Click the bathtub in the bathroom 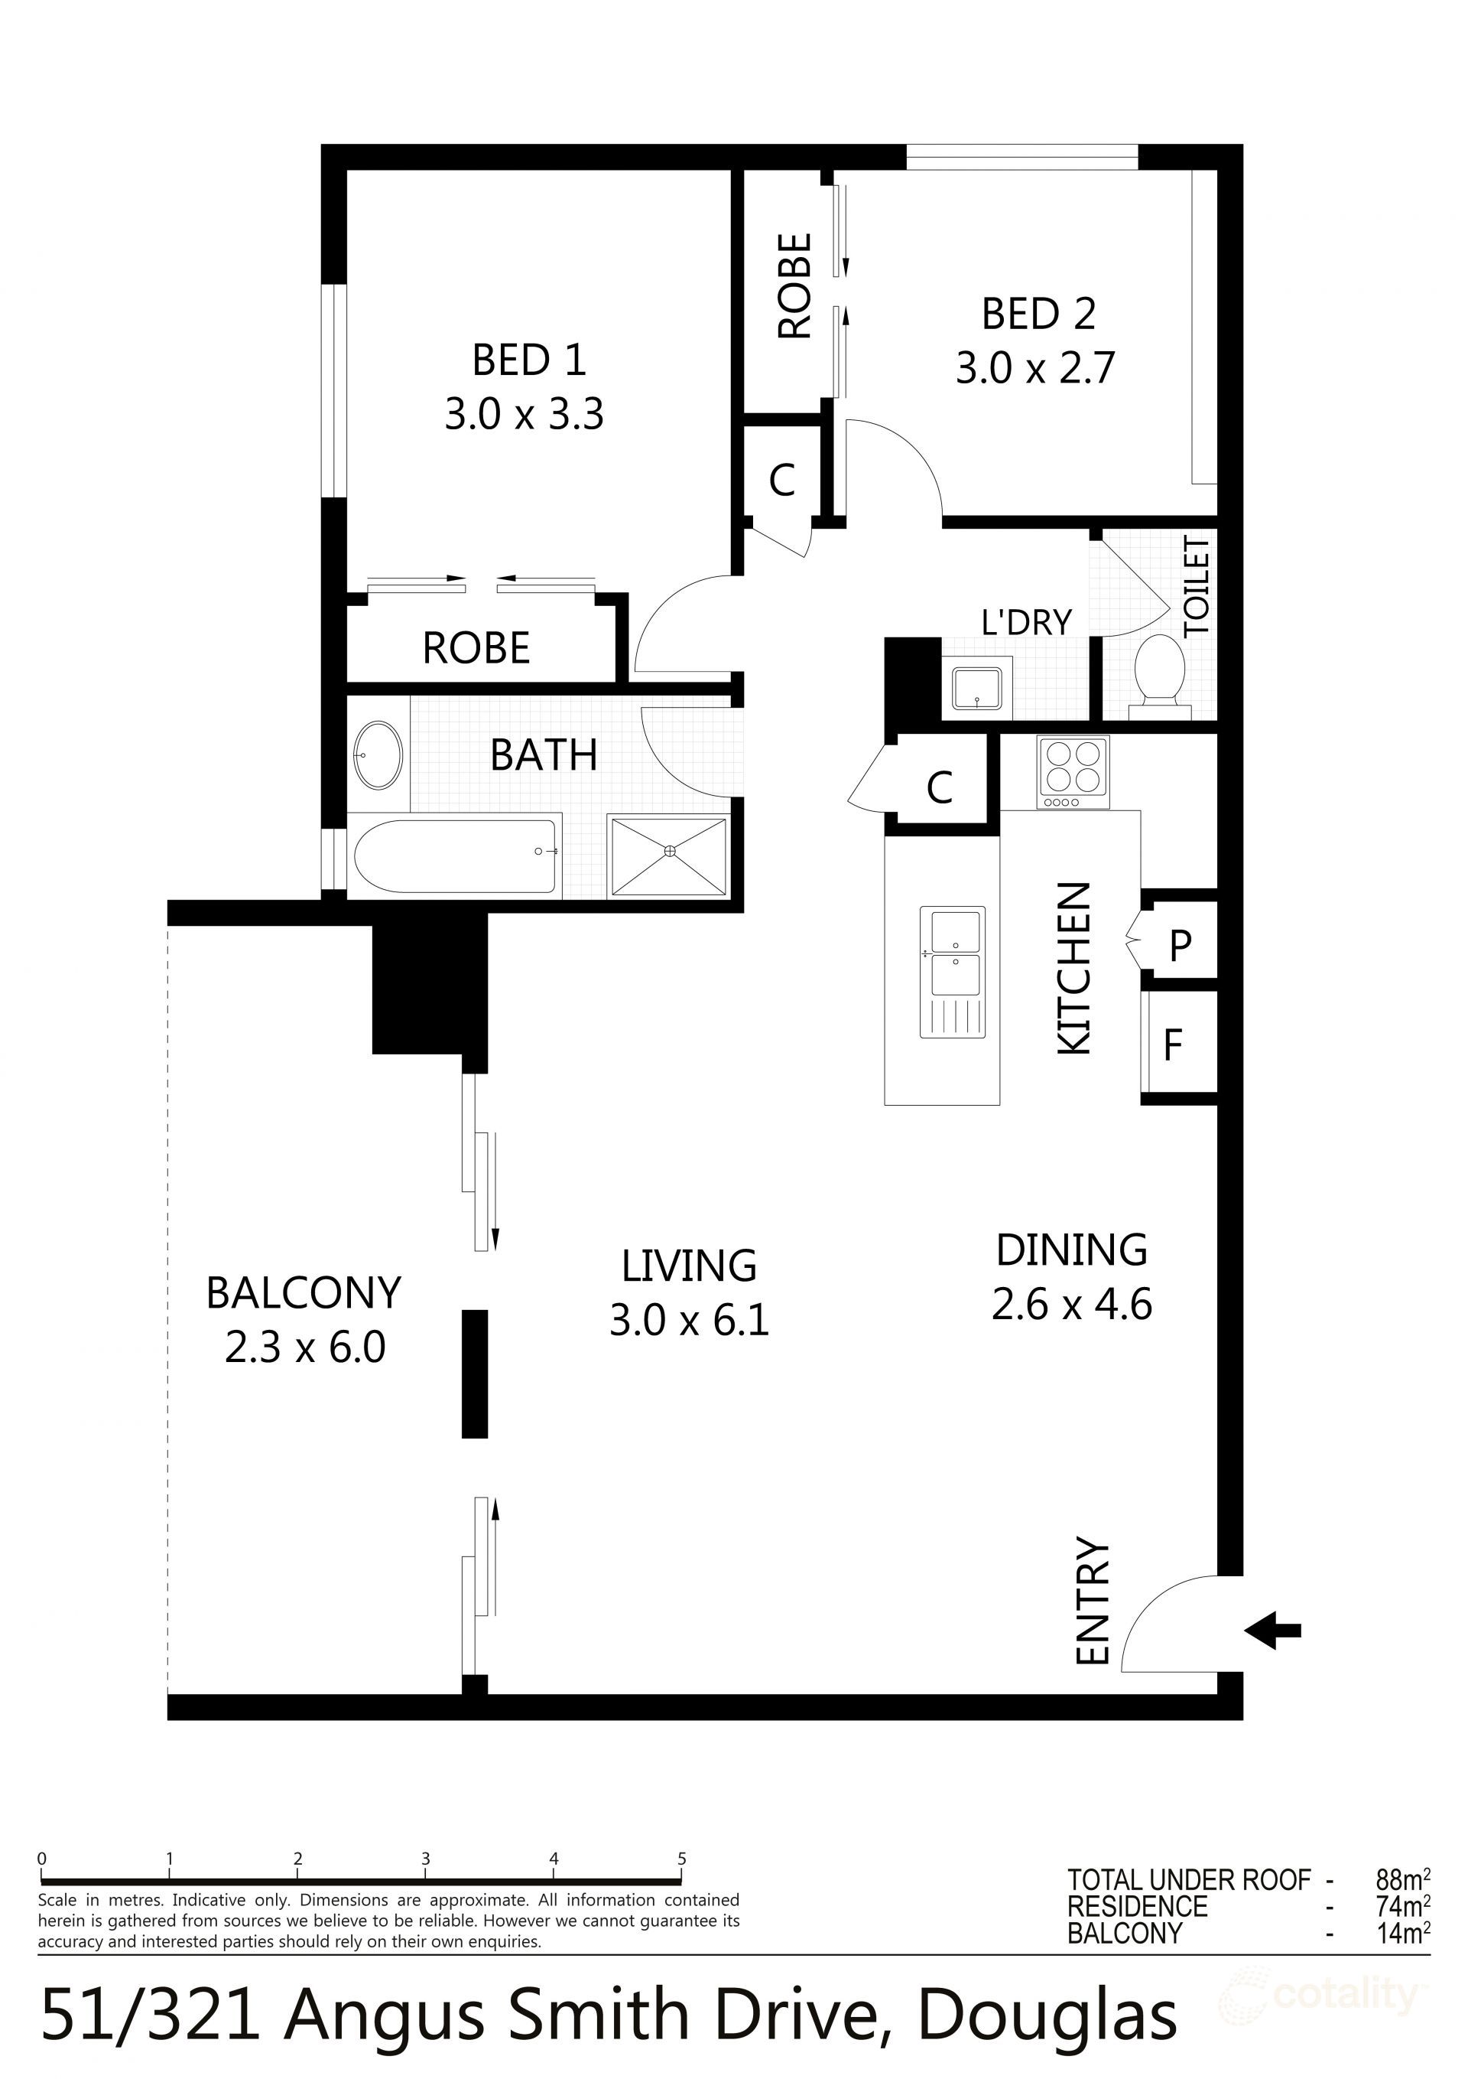click(454, 856)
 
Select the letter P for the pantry click(1179, 945)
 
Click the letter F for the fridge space click(1173, 1045)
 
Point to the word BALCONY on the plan click(304, 1292)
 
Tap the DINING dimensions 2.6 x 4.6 click(1072, 1305)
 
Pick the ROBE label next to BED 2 click(794, 286)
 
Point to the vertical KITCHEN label click(1074, 969)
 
